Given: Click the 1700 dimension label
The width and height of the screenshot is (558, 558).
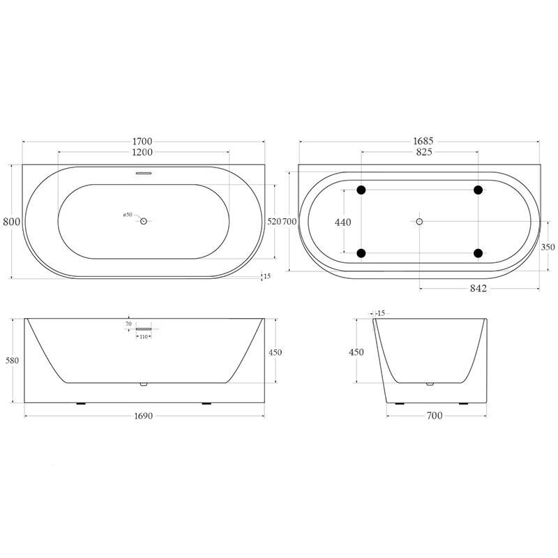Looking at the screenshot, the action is click(x=142, y=142).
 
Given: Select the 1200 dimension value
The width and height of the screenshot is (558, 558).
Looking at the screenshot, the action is click(x=142, y=152).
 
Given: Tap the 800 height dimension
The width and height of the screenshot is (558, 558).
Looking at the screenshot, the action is click(x=11, y=222).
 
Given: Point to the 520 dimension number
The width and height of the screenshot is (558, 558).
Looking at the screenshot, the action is click(x=274, y=221).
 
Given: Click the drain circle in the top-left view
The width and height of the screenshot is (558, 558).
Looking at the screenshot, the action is click(x=144, y=221).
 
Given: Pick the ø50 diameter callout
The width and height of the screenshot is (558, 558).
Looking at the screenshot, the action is click(x=128, y=215).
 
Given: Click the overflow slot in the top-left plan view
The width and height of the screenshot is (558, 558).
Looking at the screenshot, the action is click(x=144, y=173).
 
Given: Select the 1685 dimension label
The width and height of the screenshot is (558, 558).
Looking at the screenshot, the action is click(x=423, y=141).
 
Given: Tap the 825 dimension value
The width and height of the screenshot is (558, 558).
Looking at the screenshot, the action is click(x=424, y=152).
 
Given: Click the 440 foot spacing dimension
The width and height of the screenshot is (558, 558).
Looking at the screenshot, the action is click(x=342, y=222).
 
